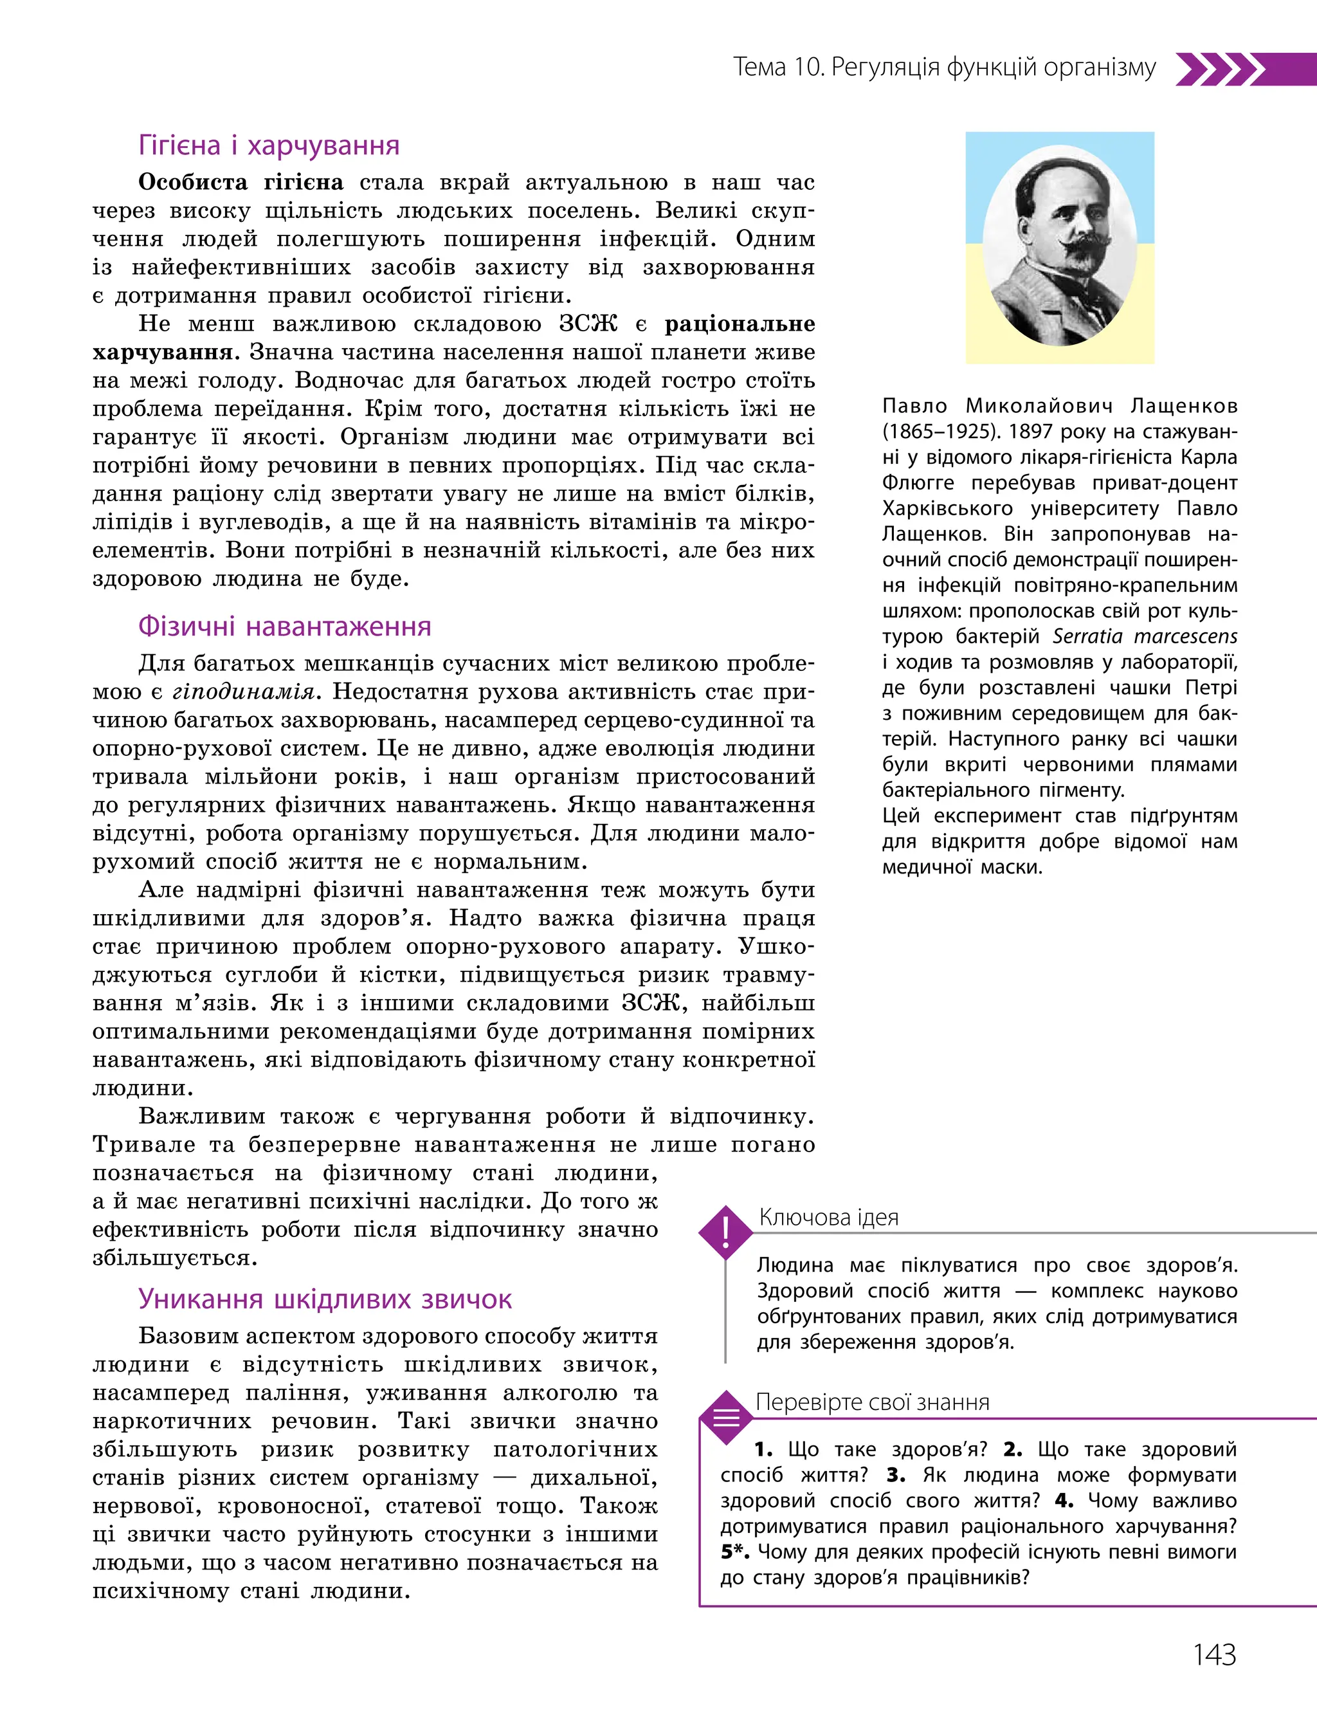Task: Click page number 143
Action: click(1213, 1654)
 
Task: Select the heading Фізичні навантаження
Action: click(285, 627)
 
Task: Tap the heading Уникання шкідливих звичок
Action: click(325, 1299)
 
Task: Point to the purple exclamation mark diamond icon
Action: click(726, 1232)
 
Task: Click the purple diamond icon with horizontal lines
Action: click(726, 1416)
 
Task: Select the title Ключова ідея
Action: click(829, 1218)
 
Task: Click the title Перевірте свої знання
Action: click(872, 1402)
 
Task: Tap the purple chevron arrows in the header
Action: click(1220, 69)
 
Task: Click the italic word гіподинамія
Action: click(243, 692)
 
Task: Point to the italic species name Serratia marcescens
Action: click(1145, 637)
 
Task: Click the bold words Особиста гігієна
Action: click(241, 183)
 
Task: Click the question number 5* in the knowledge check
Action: click(734, 1552)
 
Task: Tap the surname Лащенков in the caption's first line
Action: click(1184, 406)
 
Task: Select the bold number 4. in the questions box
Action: click(1064, 1501)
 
